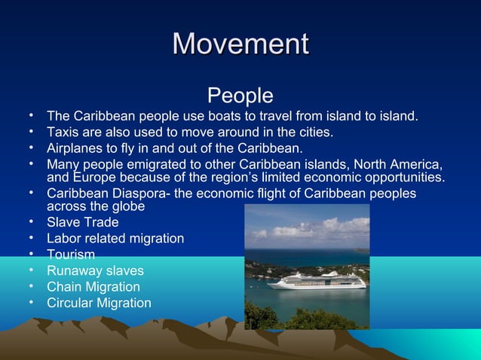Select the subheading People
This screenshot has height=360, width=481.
click(240, 96)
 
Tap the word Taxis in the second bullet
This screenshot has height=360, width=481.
click(63, 133)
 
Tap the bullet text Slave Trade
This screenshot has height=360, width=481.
click(82, 222)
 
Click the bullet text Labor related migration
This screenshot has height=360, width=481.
click(115, 238)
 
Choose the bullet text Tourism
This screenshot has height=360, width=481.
click(71, 255)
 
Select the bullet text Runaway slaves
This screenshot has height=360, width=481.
click(95, 270)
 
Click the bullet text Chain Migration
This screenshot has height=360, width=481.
click(93, 287)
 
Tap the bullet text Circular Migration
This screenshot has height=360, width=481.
click(99, 303)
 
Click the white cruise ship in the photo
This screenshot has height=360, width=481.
click(317, 281)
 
